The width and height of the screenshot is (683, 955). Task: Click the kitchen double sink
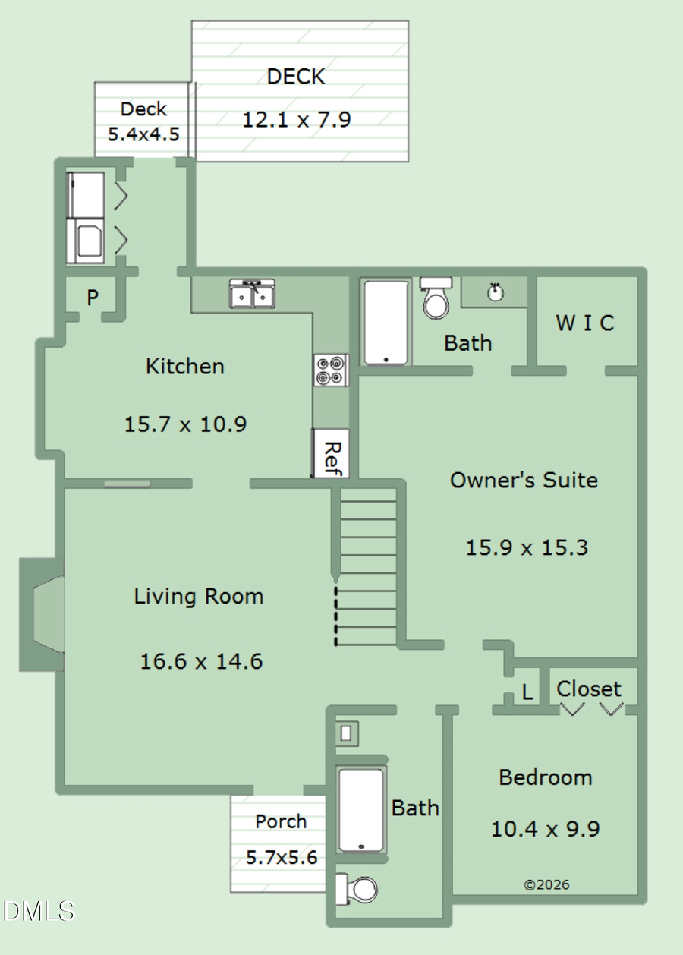pyautogui.click(x=253, y=295)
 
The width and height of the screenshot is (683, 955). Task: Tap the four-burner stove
pyautogui.click(x=331, y=370)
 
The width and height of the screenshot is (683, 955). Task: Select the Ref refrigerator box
pyautogui.click(x=330, y=454)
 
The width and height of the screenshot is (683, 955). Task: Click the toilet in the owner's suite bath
pyautogui.click(x=436, y=299)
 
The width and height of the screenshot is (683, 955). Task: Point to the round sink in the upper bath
pyautogui.click(x=495, y=292)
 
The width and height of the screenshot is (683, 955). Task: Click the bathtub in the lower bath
pyautogui.click(x=361, y=810)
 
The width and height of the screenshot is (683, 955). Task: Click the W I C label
pyautogui.click(x=584, y=323)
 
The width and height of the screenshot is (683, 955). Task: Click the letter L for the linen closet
pyautogui.click(x=527, y=692)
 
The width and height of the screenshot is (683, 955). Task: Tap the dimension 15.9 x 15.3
pyautogui.click(x=527, y=547)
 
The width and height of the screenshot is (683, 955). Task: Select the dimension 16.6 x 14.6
pyautogui.click(x=201, y=661)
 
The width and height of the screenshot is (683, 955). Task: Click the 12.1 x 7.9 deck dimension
pyautogui.click(x=297, y=119)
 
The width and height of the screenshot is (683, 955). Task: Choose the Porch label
pyautogui.click(x=281, y=821)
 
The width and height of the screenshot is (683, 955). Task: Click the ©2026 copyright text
pyautogui.click(x=546, y=884)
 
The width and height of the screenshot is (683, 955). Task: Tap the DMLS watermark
pyautogui.click(x=39, y=911)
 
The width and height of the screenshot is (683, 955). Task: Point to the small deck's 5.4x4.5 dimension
pyautogui.click(x=143, y=135)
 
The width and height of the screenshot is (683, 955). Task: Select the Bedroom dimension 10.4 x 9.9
pyautogui.click(x=545, y=828)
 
